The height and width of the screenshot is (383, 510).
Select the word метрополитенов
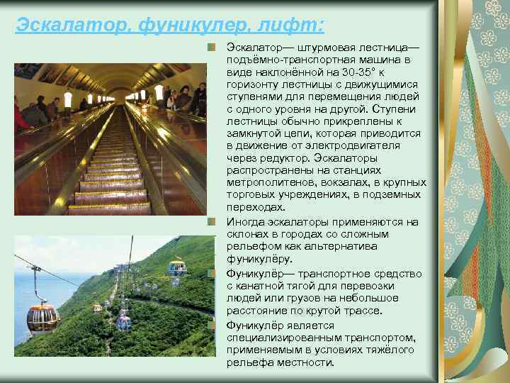tap(268, 182)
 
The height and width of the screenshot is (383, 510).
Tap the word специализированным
tap(282, 337)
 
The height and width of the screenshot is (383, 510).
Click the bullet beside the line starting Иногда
tap(211, 221)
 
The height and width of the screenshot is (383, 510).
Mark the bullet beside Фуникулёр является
tap(211, 324)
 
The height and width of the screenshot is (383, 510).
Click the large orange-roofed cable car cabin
tap(42, 317)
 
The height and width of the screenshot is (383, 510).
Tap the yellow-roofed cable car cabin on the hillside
tap(177, 267)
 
